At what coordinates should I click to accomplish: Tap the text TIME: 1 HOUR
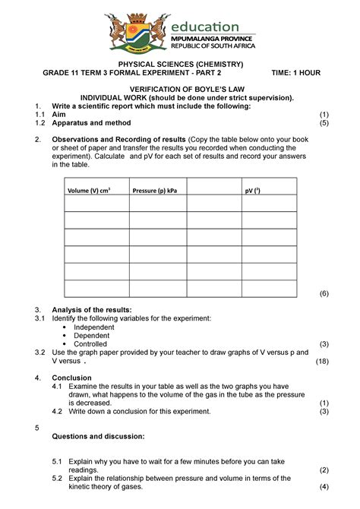click(296, 73)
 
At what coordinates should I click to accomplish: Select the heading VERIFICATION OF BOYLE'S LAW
click(180, 89)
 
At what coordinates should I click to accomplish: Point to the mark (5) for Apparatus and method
click(324, 122)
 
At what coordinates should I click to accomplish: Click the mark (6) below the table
click(324, 292)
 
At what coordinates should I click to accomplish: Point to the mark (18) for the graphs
click(322, 362)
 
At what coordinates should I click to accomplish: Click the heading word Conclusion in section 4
click(74, 378)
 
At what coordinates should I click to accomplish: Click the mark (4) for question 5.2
click(324, 487)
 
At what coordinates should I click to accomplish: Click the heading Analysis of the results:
click(91, 310)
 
